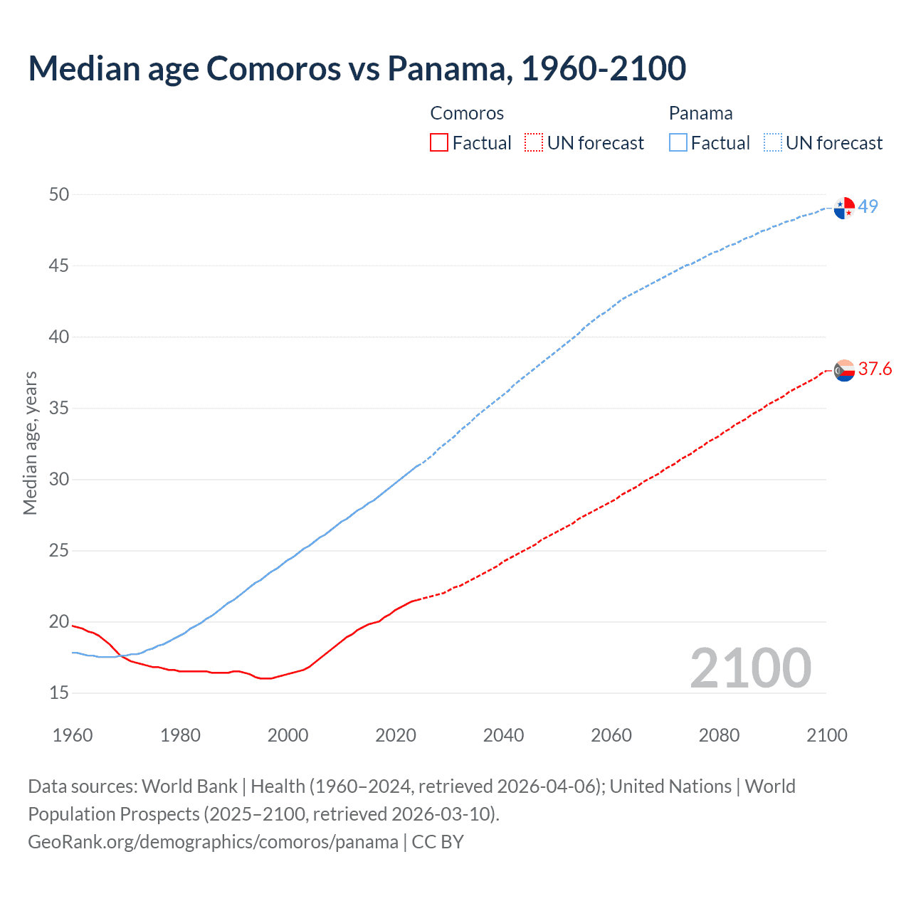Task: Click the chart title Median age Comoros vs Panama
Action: click(x=357, y=68)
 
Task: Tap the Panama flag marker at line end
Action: click(x=844, y=208)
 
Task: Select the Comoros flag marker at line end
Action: click(x=844, y=370)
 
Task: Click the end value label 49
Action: click(x=868, y=206)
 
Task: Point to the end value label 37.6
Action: click(x=875, y=369)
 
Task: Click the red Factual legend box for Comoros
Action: click(x=439, y=143)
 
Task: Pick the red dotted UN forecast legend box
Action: click(x=534, y=143)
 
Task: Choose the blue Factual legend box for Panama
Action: click(x=678, y=143)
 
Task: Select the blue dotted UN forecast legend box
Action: click(x=772, y=143)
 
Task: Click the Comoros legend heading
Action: click(x=467, y=113)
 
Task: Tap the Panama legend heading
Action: click(x=700, y=113)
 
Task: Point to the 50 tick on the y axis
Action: click(x=59, y=194)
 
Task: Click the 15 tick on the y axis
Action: click(x=59, y=693)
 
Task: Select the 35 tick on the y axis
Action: click(x=59, y=408)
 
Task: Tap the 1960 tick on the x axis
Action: click(x=73, y=735)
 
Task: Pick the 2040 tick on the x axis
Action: click(x=503, y=735)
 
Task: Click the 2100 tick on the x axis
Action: click(x=826, y=735)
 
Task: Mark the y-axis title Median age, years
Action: click(x=30, y=443)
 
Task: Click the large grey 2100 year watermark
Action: click(x=750, y=668)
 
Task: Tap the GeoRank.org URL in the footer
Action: click(x=213, y=841)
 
